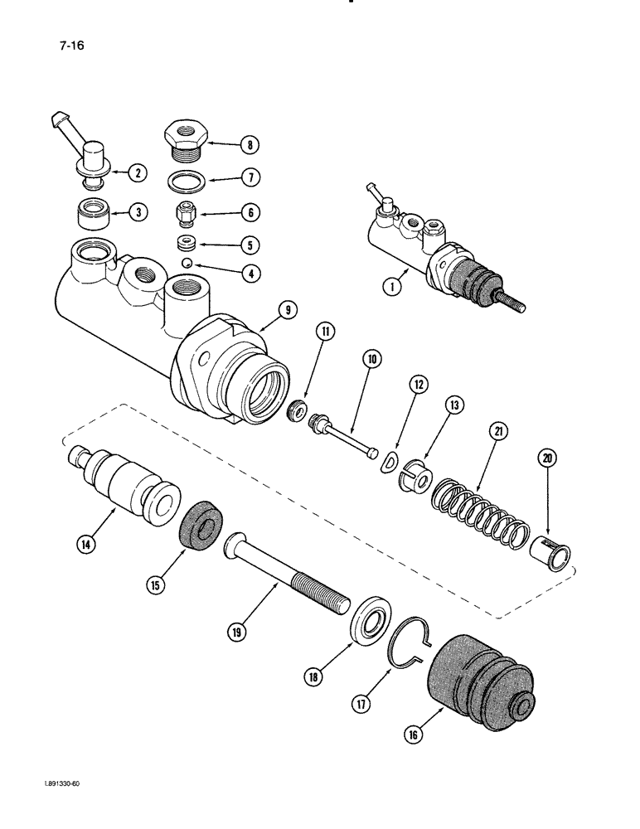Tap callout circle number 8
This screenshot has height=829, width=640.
[x=246, y=146]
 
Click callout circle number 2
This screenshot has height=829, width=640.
[x=138, y=173]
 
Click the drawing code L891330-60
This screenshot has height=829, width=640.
[x=46, y=805]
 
